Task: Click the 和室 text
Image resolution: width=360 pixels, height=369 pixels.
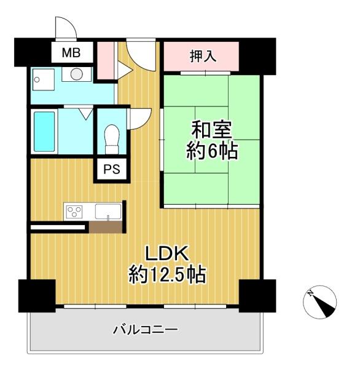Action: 212,130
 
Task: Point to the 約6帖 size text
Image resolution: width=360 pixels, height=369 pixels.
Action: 212,151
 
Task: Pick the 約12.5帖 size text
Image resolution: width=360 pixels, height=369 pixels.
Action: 167,274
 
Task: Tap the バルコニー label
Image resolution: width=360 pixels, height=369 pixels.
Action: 146,330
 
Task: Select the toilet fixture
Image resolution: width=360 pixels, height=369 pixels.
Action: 112,138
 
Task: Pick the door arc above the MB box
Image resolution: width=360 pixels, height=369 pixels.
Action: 66,28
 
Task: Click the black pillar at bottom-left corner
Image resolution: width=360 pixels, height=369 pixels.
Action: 36,296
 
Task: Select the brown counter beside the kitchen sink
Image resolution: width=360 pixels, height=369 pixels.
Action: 105,227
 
